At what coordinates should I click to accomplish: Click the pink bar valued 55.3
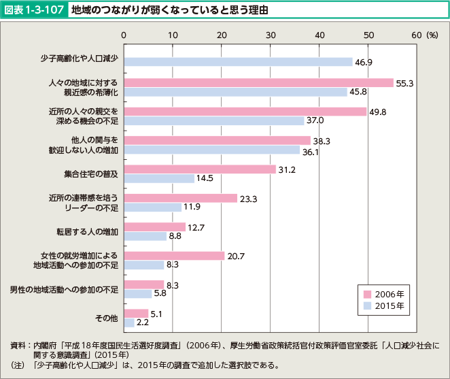[x=258, y=82]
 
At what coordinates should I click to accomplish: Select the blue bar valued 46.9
[x=238, y=62]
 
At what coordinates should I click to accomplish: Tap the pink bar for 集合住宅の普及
[x=200, y=169]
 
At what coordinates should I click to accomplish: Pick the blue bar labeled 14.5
[x=159, y=178]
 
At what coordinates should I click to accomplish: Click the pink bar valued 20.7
[x=174, y=256]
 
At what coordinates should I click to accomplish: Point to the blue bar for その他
[x=129, y=323]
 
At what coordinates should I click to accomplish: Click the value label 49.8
[x=379, y=112]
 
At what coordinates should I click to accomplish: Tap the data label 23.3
[x=249, y=199]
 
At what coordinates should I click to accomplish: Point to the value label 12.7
[x=196, y=227]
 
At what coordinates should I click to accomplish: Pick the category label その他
[x=107, y=318]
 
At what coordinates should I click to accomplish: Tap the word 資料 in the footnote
[x=18, y=345]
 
